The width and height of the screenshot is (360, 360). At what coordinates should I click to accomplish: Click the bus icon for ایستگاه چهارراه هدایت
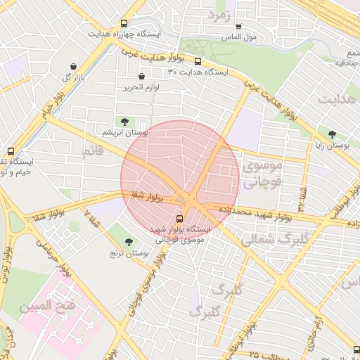124,23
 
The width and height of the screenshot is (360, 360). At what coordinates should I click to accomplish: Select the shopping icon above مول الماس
238,26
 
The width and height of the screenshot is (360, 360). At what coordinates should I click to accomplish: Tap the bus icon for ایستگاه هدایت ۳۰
198,61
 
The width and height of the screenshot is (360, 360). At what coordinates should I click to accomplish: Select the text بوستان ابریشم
124,132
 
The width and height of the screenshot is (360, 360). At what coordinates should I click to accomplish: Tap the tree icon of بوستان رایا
331,134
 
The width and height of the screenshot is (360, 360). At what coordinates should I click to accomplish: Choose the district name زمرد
219,15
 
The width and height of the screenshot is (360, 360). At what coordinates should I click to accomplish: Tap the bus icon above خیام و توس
11,151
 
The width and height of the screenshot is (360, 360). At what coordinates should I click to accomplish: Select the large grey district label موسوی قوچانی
262,174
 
